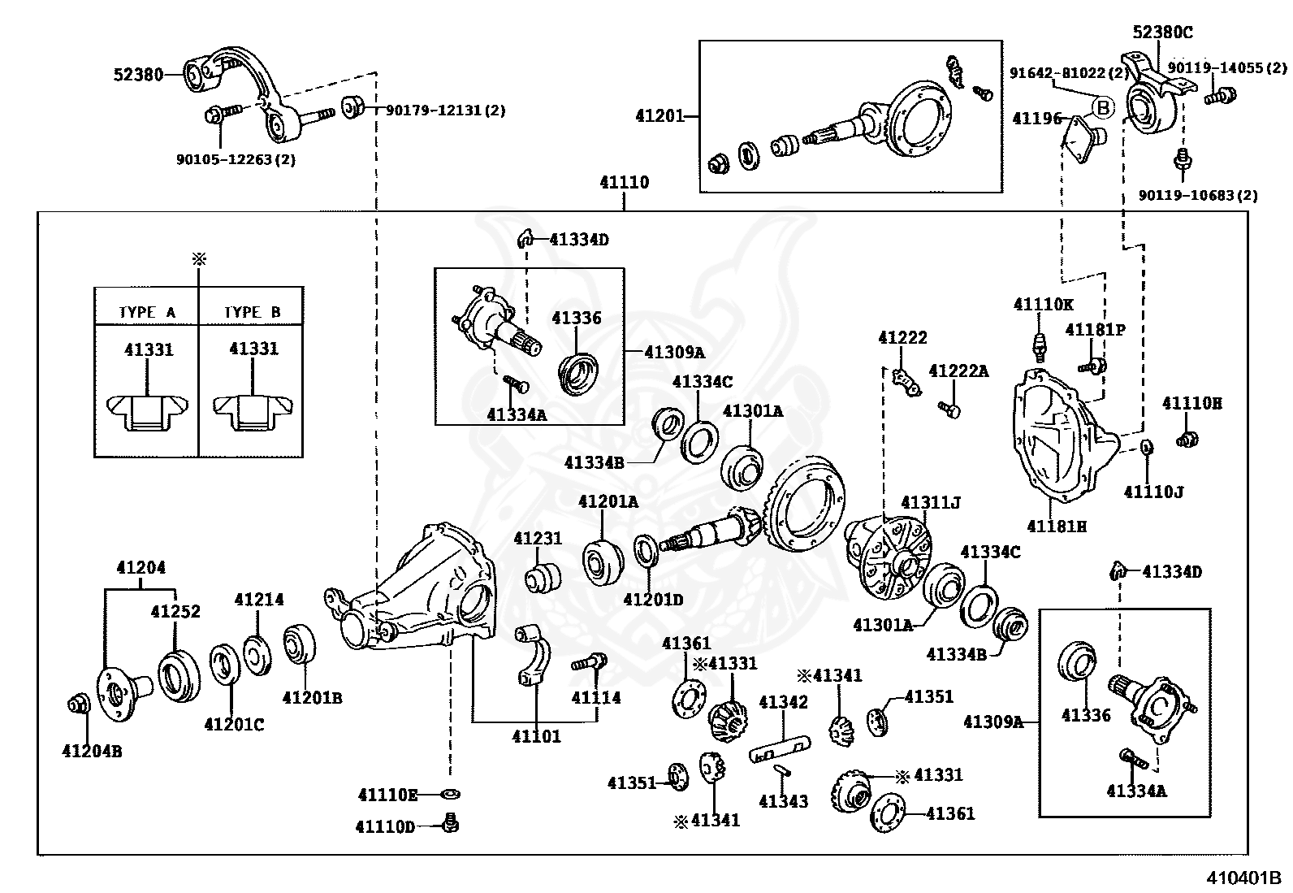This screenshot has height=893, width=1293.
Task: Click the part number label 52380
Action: [139, 75]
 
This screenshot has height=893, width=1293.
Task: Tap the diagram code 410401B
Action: [1243, 878]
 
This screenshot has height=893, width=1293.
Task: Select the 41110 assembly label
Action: [624, 183]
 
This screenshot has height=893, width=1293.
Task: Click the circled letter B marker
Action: [1103, 108]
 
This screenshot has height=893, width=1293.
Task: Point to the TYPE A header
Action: [147, 313]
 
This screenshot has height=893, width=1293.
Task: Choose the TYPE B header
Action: [253, 313]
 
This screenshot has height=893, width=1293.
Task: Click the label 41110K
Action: [1043, 305]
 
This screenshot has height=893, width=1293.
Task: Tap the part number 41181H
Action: [1057, 527]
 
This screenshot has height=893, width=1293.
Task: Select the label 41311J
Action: [931, 502]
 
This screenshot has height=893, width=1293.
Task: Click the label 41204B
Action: [92, 751]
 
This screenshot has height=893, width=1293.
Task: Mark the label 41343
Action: [783, 801]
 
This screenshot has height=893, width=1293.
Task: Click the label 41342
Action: [783, 702]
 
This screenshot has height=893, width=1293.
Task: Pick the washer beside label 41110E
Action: [450, 795]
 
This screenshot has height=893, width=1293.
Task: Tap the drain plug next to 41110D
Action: [451, 823]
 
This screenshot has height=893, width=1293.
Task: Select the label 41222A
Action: [958, 371]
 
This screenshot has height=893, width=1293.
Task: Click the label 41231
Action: [538, 539]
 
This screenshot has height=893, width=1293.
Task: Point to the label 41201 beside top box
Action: [659, 116]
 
